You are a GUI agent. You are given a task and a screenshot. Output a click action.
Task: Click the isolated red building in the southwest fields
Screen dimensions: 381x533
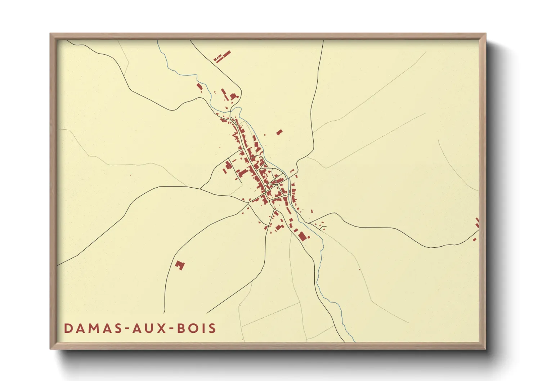click(x=180, y=265)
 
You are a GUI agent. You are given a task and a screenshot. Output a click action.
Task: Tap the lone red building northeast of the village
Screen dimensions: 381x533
click(x=279, y=133)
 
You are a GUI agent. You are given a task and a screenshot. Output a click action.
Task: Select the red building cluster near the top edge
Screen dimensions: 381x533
click(x=222, y=57)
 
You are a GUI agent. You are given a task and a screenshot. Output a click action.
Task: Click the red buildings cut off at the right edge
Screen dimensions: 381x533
click(x=477, y=223)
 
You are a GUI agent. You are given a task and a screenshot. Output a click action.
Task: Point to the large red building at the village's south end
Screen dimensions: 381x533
click(x=302, y=236)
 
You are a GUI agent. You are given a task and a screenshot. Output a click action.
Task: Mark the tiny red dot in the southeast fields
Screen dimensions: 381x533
click(x=359, y=269)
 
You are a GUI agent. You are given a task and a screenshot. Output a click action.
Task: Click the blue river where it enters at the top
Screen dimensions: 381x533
click(x=158, y=42)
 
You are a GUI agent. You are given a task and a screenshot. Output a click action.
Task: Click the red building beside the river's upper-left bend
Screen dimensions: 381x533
click(x=199, y=87)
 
